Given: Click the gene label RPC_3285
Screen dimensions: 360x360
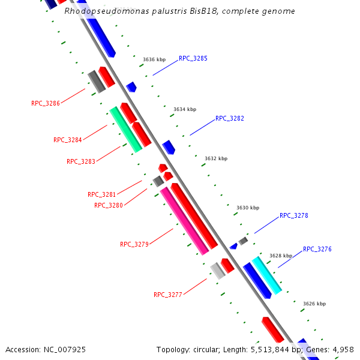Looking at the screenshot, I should (x=193, y=59).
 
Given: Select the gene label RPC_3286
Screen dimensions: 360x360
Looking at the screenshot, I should (x=46, y=103).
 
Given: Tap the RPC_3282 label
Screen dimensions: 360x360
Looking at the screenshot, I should (x=229, y=118).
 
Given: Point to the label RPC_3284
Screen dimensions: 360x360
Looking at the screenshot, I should (x=68, y=140).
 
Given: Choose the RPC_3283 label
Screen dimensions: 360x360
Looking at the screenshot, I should (x=81, y=161).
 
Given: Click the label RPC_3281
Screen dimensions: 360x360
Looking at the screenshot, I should (x=102, y=194).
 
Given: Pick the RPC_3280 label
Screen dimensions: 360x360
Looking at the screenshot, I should (x=109, y=205).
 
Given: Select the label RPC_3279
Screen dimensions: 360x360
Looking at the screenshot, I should (x=134, y=244).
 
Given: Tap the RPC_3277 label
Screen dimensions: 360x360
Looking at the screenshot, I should (x=168, y=295).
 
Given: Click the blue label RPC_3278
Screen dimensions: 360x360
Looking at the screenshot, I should (x=293, y=215).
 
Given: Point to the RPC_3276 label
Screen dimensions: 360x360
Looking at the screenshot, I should (x=317, y=249).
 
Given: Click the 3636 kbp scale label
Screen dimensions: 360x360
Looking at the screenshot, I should (x=154, y=59).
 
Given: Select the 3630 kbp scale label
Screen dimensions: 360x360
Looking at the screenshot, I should (x=248, y=208).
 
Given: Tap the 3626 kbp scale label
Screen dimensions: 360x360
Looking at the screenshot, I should (x=314, y=304).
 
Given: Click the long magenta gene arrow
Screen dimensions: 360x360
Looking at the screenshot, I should (x=184, y=221).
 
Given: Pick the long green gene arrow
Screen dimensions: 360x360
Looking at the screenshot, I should (x=125, y=129).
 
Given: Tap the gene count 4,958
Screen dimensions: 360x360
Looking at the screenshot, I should (x=342, y=349).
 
